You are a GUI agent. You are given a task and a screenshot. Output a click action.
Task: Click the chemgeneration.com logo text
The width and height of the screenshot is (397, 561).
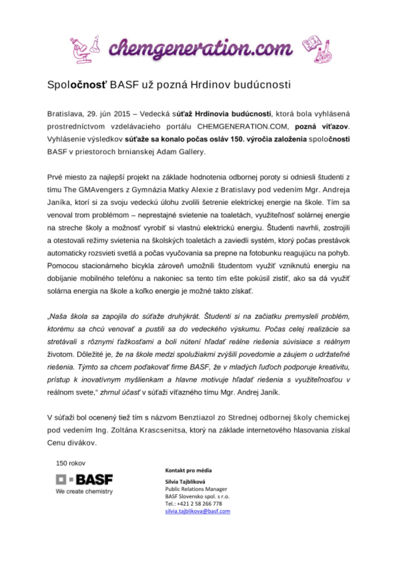200,49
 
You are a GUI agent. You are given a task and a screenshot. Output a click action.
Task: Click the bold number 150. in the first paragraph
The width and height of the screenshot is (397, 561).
237,139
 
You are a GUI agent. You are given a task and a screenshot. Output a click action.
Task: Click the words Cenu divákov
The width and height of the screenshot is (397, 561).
72,443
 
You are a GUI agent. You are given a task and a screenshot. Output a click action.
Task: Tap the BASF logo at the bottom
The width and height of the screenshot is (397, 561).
84,479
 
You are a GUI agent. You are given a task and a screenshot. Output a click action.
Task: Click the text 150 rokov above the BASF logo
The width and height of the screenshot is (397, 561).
70,463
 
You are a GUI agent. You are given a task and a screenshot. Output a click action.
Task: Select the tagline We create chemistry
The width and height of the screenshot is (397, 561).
84,491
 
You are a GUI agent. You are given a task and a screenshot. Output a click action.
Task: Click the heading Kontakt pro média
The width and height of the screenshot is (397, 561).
188,470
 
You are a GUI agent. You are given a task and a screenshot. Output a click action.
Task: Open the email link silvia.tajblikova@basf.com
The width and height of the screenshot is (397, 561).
198,511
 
